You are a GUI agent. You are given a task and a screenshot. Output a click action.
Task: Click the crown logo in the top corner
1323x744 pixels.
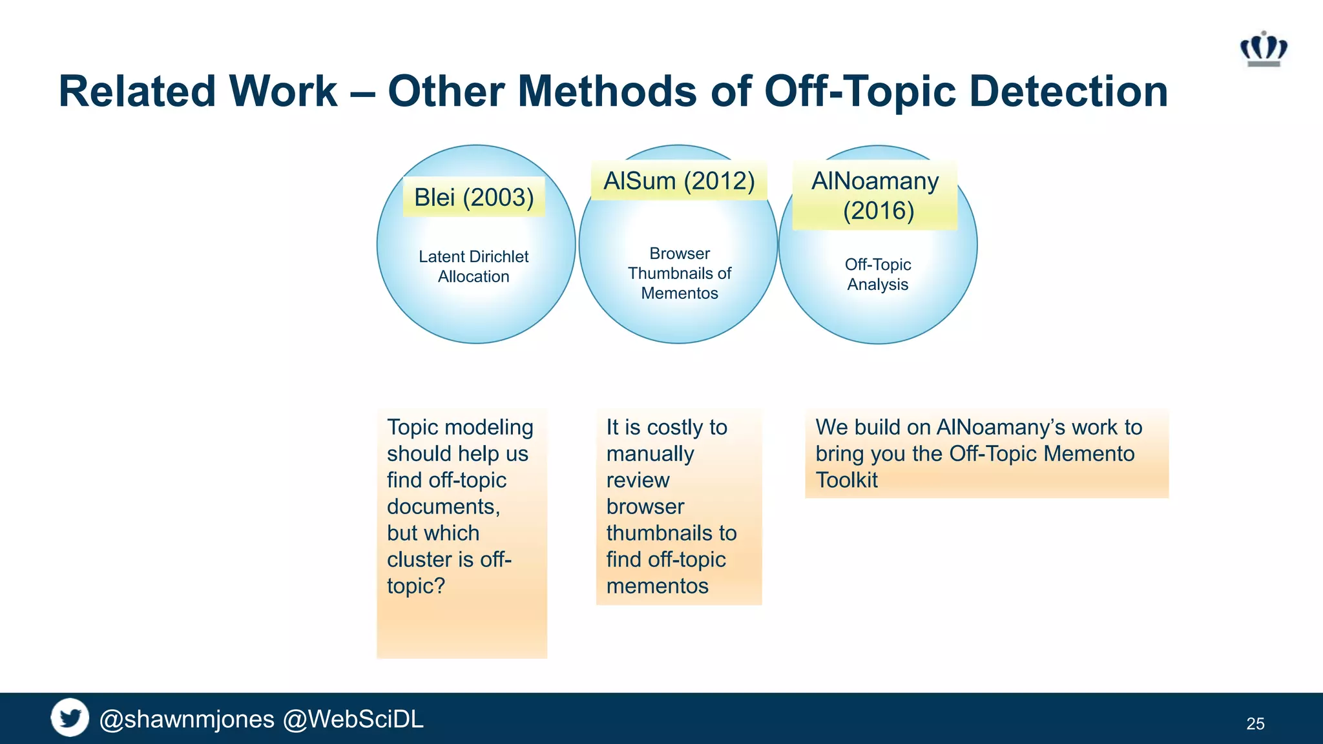point(1264,50)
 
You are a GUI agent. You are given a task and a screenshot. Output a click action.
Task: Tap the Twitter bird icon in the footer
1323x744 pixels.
point(70,718)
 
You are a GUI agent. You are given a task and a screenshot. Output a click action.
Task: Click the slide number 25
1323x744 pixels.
point(1255,723)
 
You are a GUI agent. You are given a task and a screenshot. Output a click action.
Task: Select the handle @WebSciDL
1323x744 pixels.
point(353,719)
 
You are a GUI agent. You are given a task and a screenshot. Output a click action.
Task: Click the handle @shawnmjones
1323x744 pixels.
point(187,719)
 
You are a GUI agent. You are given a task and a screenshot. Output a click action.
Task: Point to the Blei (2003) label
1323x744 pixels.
point(474,197)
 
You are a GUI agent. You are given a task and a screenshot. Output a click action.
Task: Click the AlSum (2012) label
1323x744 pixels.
point(679,181)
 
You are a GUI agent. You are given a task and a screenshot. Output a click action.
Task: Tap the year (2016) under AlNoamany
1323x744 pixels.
point(878,211)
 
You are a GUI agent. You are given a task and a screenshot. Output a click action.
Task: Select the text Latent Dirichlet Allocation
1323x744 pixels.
point(474,266)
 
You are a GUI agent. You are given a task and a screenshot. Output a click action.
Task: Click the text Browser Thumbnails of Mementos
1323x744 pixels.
point(680,273)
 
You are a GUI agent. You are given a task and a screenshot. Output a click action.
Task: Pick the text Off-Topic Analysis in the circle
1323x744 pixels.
point(878,274)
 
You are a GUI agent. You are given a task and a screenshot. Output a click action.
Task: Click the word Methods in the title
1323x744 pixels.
point(607,91)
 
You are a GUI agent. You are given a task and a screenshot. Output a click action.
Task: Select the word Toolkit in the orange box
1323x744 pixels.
point(846,480)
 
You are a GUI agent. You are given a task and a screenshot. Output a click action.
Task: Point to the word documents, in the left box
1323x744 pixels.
point(443,506)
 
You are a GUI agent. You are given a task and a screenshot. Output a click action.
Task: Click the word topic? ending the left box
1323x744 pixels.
point(416,586)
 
